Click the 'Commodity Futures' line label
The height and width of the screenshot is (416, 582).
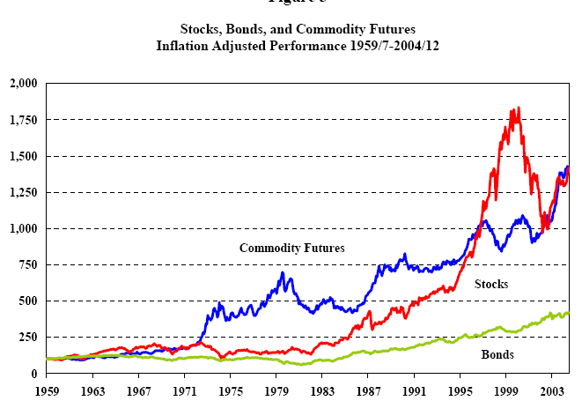[291, 248]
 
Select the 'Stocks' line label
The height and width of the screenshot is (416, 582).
[491, 284]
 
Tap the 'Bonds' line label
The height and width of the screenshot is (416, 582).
[497, 355]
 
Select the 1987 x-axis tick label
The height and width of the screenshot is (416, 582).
[369, 389]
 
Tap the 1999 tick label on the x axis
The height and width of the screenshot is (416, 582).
[506, 389]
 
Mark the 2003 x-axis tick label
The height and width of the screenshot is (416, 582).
[552, 389]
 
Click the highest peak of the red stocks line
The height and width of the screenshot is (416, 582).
[519, 108]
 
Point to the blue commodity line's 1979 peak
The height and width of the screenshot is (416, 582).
[283, 273]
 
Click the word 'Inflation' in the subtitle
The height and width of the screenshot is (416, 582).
[182, 45]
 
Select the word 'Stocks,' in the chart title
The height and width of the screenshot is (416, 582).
[201, 29]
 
